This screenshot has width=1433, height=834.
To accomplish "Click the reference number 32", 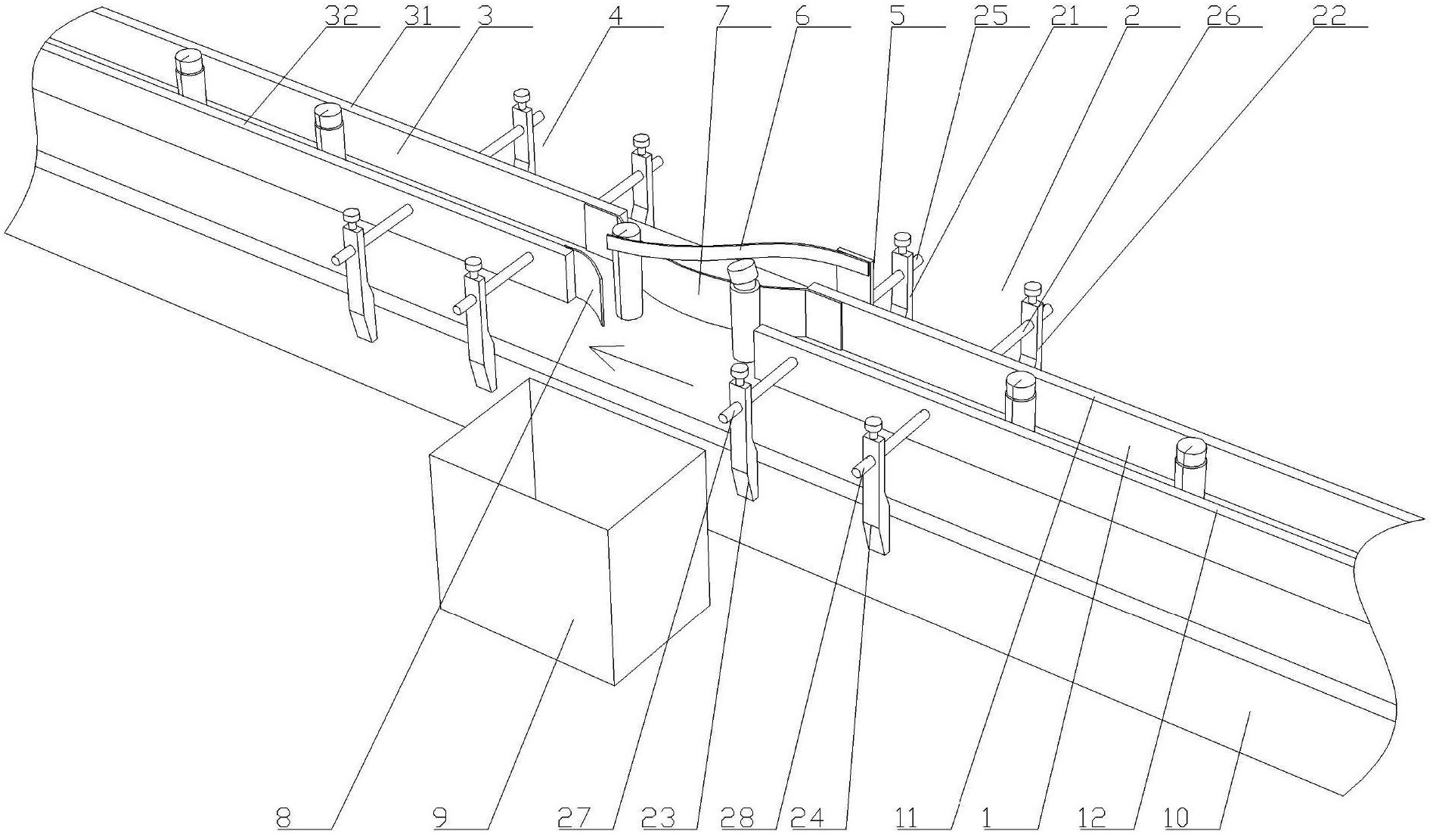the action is (342, 16).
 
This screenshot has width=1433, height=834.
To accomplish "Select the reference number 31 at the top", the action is (420, 16).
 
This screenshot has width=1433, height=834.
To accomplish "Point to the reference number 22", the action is (1328, 16).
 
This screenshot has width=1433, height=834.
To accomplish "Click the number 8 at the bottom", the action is (285, 817).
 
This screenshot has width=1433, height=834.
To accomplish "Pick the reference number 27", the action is (574, 817).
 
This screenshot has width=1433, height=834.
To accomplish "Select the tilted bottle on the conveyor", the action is (743, 310).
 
